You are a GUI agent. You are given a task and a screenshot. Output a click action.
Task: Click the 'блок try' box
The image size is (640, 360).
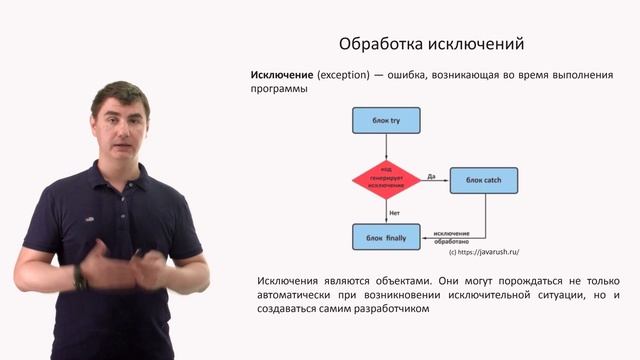385,121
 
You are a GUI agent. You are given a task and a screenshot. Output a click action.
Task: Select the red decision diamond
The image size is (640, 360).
385,179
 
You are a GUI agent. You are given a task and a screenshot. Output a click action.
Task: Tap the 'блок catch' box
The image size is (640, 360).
483,179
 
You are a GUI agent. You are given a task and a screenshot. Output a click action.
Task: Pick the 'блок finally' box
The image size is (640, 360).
385,237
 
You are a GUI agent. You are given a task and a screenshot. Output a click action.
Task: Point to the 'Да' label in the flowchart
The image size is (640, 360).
430,176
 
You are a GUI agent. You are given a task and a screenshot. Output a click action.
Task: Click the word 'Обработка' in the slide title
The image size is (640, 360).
381,45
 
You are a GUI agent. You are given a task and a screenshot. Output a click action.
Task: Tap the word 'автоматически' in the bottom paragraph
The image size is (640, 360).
301,294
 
